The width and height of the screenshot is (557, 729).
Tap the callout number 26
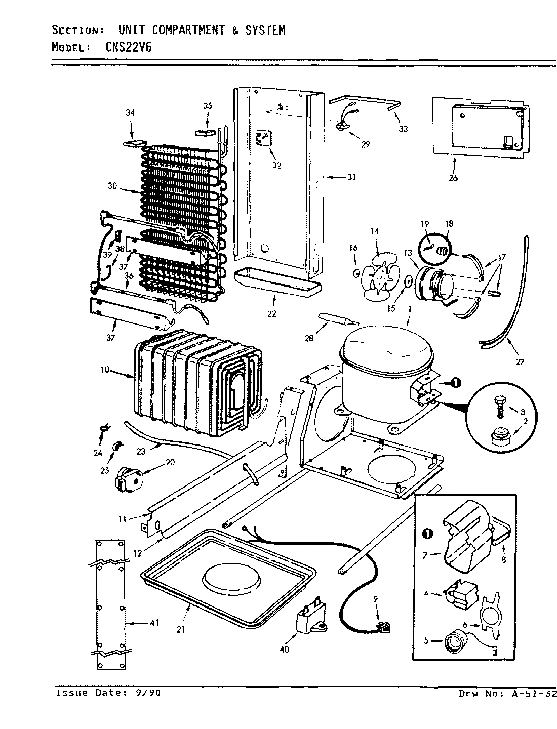tap(453, 178)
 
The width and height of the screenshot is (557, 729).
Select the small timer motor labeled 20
tap(130, 477)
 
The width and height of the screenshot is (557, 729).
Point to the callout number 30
tap(112, 186)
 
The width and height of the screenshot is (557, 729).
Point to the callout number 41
tap(155, 623)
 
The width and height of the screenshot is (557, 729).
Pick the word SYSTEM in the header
tap(265, 30)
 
